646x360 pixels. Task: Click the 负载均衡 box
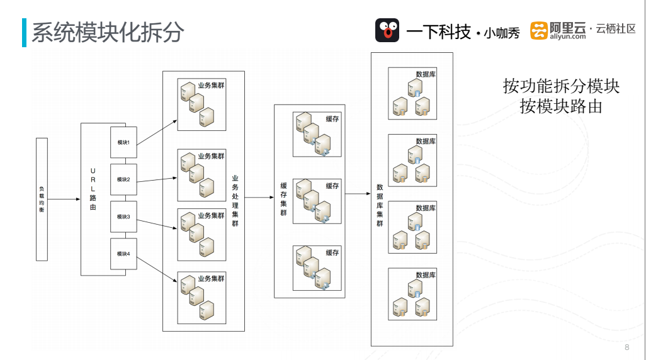(x=42, y=199)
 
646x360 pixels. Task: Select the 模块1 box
(x=123, y=142)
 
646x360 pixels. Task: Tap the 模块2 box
(x=123, y=179)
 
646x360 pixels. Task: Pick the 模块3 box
(x=123, y=217)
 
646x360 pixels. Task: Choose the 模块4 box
(x=123, y=254)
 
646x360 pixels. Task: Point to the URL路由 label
(x=93, y=189)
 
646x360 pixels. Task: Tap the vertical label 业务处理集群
(x=235, y=201)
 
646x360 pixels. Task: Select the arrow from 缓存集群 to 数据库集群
(x=358, y=194)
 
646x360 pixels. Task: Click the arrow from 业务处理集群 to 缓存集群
(x=259, y=198)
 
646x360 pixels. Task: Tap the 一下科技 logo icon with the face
(x=387, y=30)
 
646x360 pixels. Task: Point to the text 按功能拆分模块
(x=561, y=86)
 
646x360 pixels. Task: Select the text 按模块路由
(x=561, y=106)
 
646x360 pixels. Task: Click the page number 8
(x=626, y=347)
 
